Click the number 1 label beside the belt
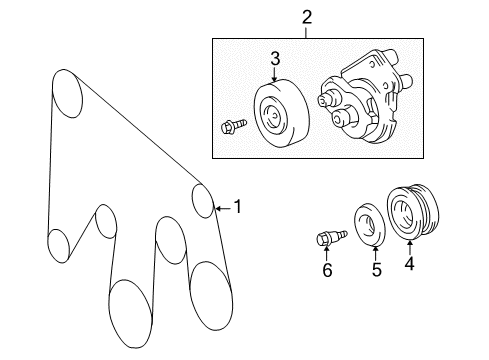pyautogui.click(x=237, y=208)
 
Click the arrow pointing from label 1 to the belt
pyautogui.click(x=224, y=208)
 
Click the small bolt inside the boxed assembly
pyautogui.click(x=227, y=126)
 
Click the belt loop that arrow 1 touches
pyautogui.click(x=204, y=200)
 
